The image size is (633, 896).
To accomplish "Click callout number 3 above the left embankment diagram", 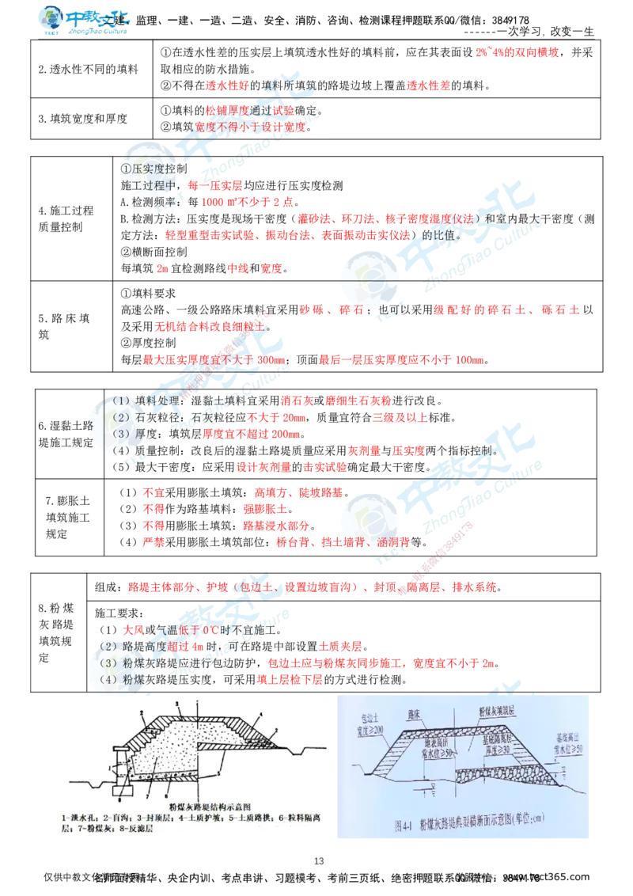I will point(177,703).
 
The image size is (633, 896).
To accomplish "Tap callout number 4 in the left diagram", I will point(260,714).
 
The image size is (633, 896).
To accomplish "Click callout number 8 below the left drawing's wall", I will point(119,799).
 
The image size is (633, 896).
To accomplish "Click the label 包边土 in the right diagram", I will point(370,716).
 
